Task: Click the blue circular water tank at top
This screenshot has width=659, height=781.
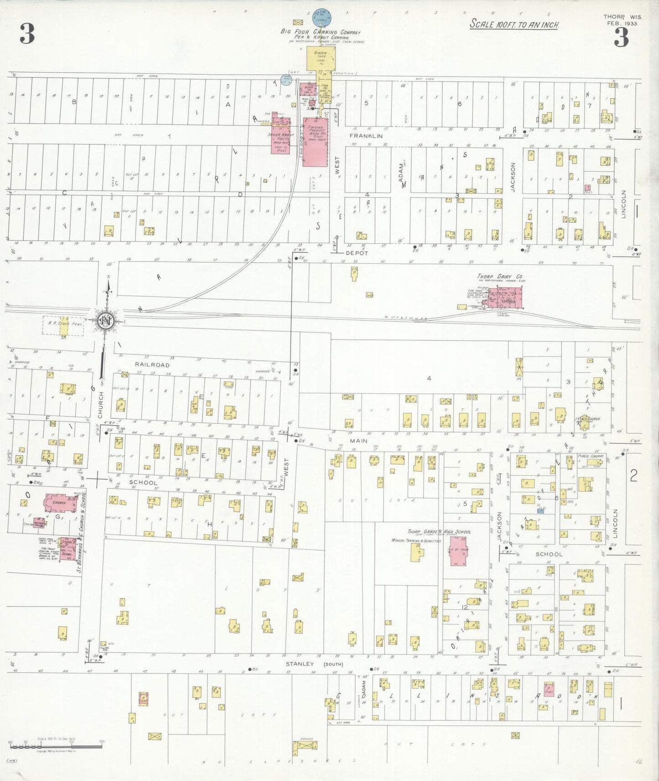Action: pyautogui.click(x=322, y=18)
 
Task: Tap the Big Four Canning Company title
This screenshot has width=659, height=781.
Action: pyautogui.click(x=320, y=32)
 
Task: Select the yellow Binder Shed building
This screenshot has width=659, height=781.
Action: pyautogui.click(x=321, y=58)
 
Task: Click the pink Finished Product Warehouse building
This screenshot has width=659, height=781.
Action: pyautogui.click(x=315, y=142)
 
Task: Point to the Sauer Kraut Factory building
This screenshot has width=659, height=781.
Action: pyautogui.click(x=281, y=134)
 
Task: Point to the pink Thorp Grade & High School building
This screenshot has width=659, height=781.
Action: pyautogui.click(x=458, y=551)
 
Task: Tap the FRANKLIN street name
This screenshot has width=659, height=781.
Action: pyautogui.click(x=366, y=136)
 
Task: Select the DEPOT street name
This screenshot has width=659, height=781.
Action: pyautogui.click(x=357, y=253)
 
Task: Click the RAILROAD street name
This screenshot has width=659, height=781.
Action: pyautogui.click(x=152, y=365)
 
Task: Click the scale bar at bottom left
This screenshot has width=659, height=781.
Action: pyautogui.click(x=56, y=746)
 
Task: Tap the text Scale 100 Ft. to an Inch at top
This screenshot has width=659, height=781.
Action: pyautogui.click(x=514, y=25)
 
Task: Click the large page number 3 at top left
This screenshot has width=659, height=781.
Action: pyautogui.click(x=27, y=34)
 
